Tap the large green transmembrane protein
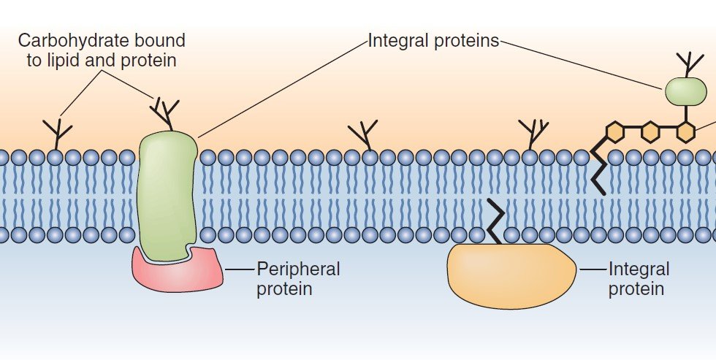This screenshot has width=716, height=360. click(167, 190)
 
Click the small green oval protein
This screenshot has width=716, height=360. click(685, 91)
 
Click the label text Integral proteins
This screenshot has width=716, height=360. click(433, 41)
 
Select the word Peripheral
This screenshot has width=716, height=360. click(298, 269)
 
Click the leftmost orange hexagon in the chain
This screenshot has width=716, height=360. click(616, 132)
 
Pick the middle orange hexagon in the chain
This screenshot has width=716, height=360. click(650, 132)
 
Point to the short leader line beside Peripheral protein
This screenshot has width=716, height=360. click(239, 269)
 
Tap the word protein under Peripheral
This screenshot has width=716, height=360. click(283, 288)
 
